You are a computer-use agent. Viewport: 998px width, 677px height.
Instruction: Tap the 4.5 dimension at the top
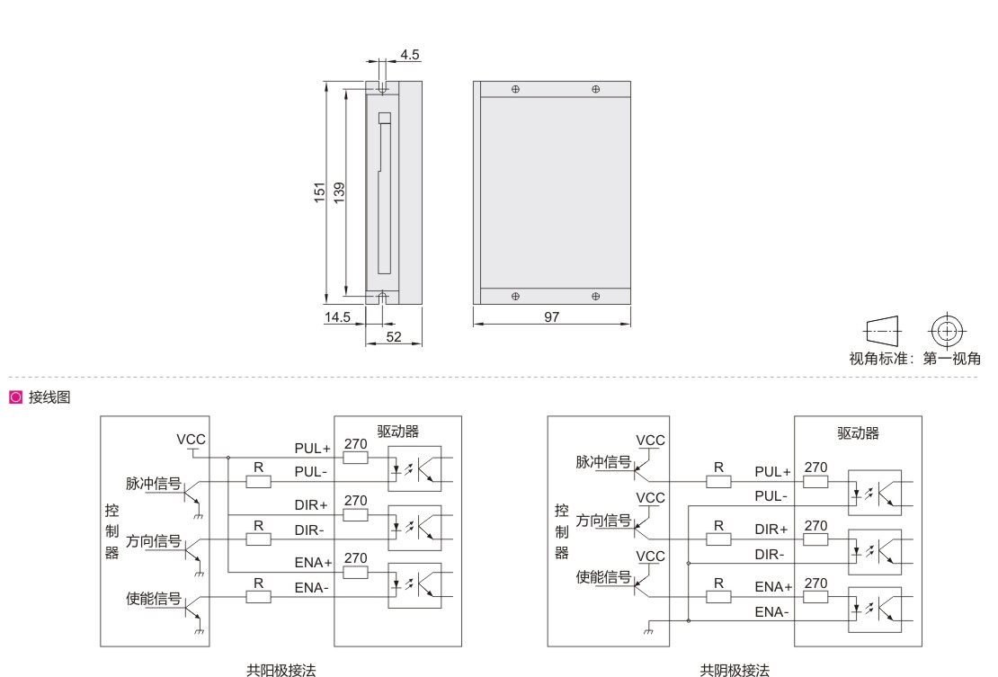[x=410, y=55]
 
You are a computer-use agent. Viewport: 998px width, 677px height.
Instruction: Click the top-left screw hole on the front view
[x=515, y=89]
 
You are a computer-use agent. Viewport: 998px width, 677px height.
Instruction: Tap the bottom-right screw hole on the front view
[x=596, y=296]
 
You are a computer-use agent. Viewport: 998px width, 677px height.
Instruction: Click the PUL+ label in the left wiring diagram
[x=312, y=447]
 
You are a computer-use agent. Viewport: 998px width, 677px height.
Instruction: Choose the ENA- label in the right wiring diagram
[x=771, y=611]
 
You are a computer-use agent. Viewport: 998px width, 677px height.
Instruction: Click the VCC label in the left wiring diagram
[x=192, y=439]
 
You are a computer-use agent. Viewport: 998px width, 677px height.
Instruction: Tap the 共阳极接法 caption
[x=281, y=670]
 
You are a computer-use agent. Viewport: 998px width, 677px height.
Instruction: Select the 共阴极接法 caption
[x=735, y=670]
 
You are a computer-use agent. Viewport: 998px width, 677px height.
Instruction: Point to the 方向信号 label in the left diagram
[x=154, y=541]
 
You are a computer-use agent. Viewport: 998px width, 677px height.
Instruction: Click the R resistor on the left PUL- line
[x=258, y=482]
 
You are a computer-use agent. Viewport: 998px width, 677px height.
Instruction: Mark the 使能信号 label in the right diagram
[x=603, y=576]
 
